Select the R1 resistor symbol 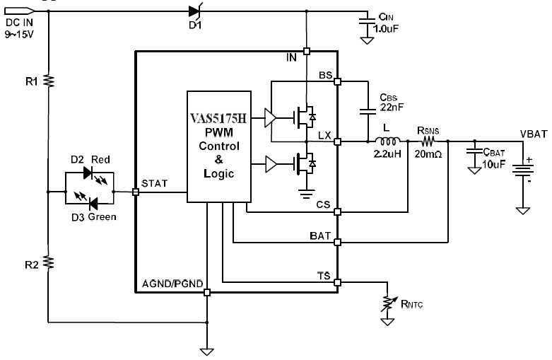click(49, 81)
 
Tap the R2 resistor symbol click(49, 262)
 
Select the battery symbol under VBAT click(522, 170)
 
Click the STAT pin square click(136, 192)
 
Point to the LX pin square click(338, 141)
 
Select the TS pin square click(338, 282)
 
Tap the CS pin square click(338, 211)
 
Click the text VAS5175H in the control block click(218, 118)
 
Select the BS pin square click(338, 82)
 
